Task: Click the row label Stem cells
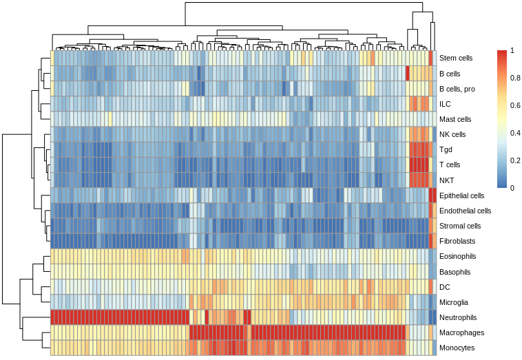(x=455, y=59)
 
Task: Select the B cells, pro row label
(x=457, y=89)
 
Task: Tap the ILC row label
(x=445, y=104)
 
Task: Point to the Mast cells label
(x=455, y=119)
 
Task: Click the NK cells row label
(x=452, y=134)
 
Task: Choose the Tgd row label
(x=446, y=149)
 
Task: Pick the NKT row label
(x=446, y=180)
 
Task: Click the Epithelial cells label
(x=462, y=195)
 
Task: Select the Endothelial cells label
(x=465, y=211)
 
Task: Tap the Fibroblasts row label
(x=457, y=241)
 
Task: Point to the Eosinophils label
(x=457, y=256)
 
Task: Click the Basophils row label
(x=455, y=271)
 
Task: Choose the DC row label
(x=444, y=287)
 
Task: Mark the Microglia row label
(x=454, y=302)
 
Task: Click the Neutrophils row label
(x=457, y=317)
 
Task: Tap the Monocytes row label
(x=457, y=348)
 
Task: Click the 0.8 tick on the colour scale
(x=514, y=78)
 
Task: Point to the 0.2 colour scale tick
(x=514, y=160)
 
